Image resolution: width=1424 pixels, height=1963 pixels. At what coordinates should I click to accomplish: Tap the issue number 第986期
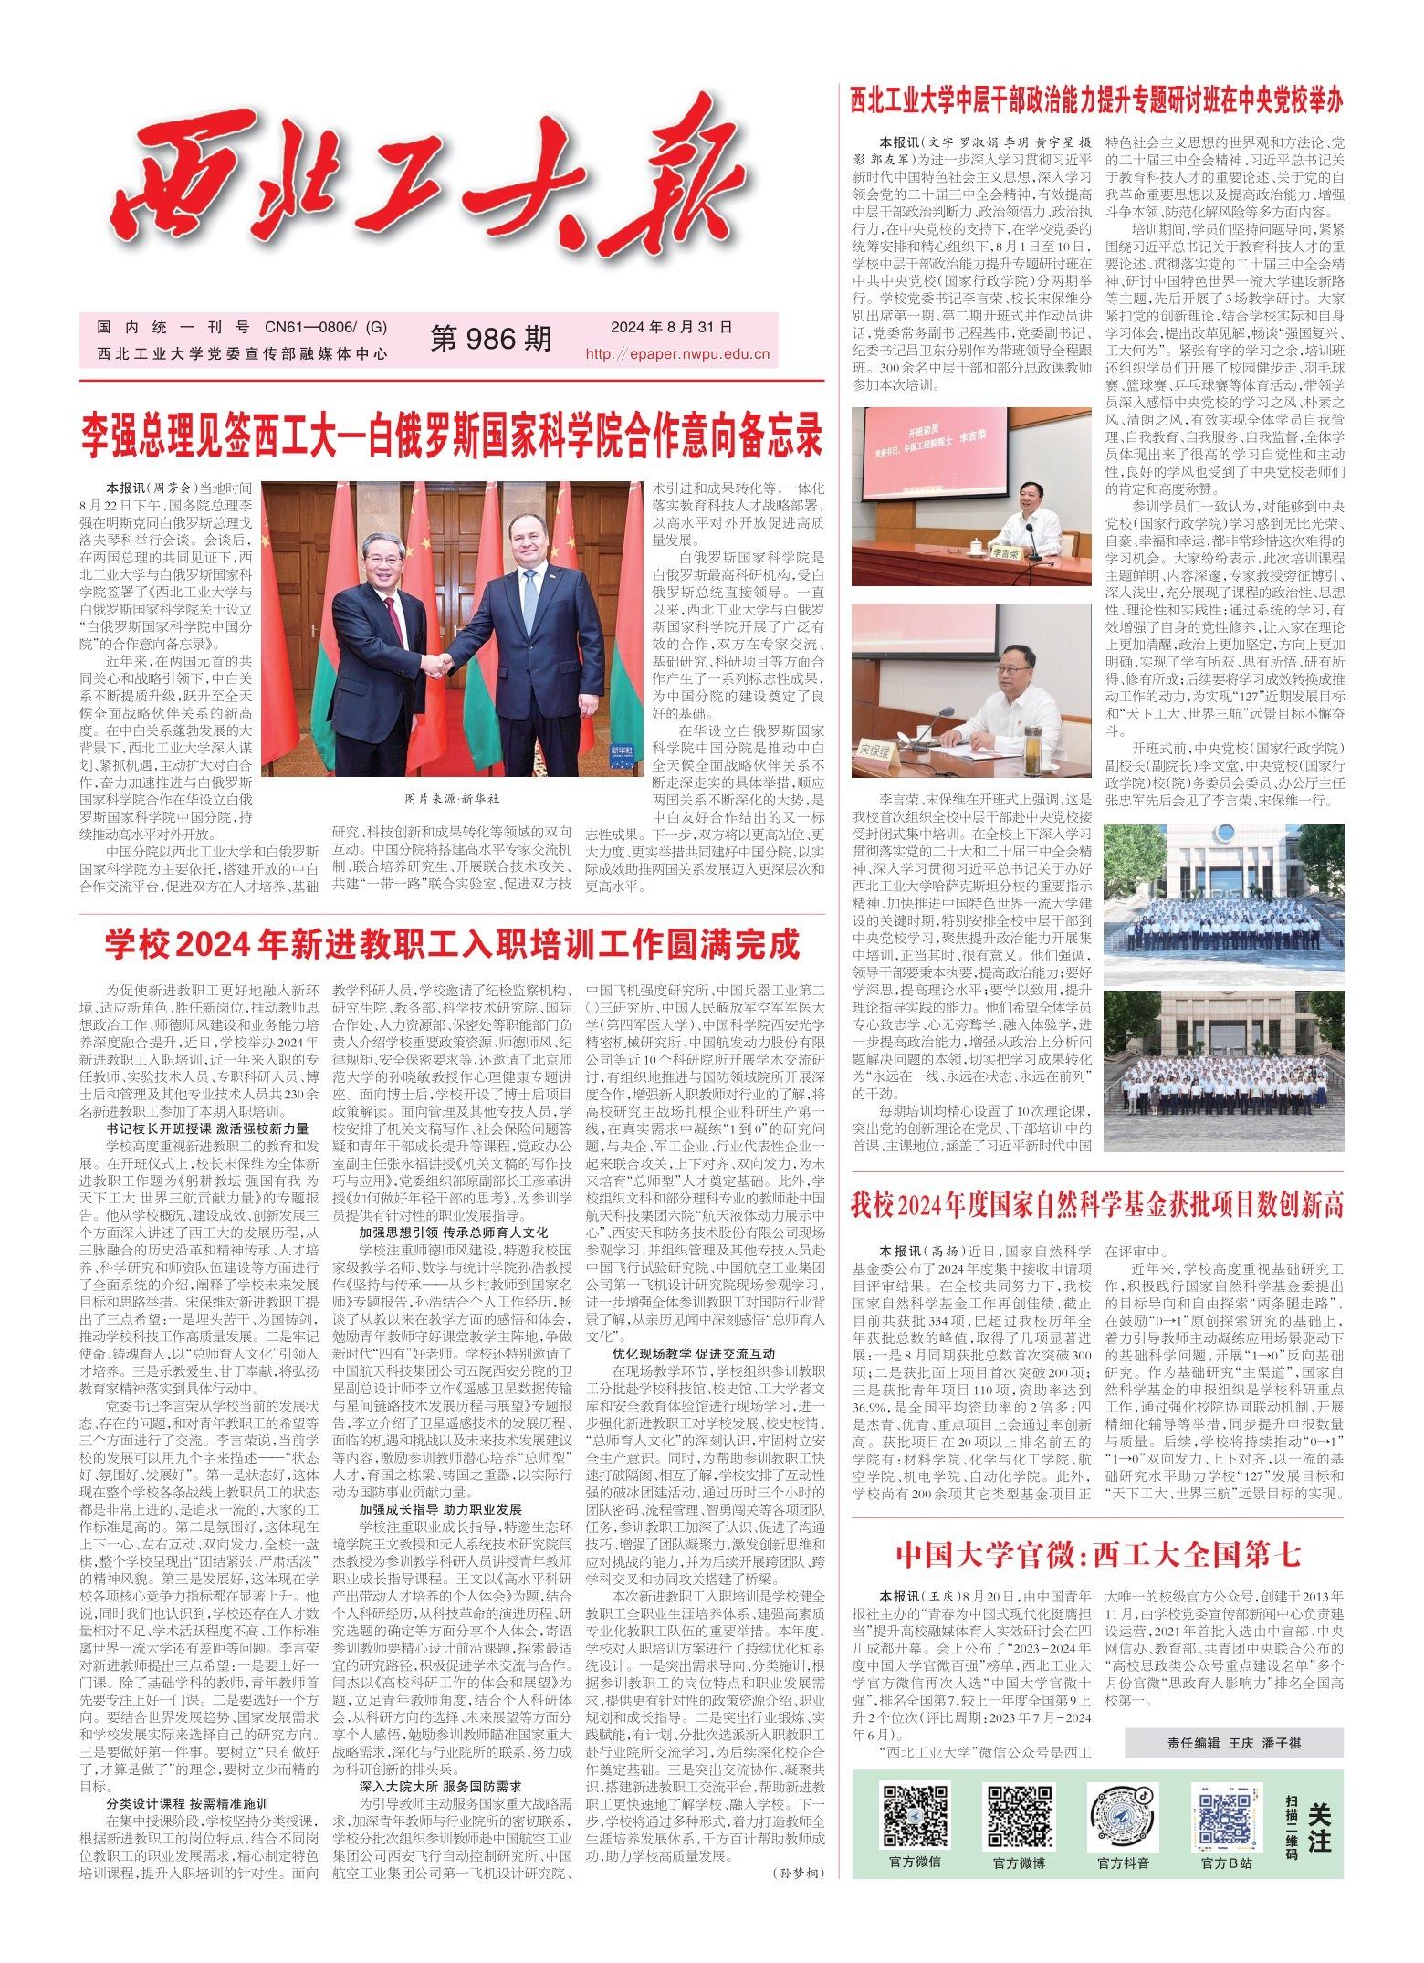(491, 339)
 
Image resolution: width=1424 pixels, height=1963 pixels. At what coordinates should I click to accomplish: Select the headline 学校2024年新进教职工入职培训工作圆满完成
(452, 945)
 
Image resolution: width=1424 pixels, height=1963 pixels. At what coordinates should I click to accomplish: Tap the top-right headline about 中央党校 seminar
(1096, 100)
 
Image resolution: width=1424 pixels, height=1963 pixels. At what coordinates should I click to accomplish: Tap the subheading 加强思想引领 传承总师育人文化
(453, 1232)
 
